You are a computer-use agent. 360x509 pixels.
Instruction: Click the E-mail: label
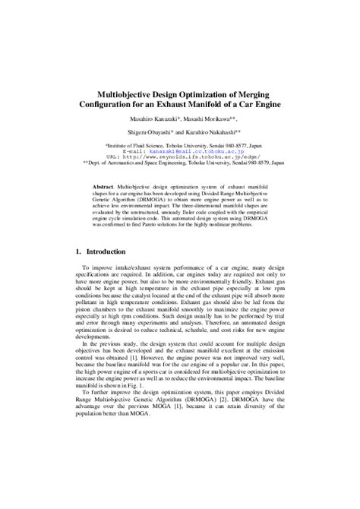coord(155,151)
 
